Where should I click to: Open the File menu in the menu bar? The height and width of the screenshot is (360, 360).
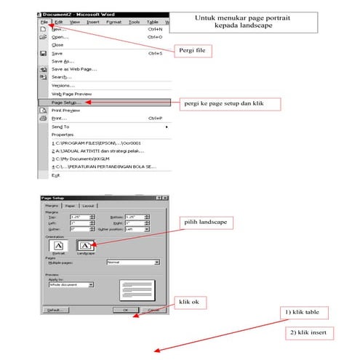44,22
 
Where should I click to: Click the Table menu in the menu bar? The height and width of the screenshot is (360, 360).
153,22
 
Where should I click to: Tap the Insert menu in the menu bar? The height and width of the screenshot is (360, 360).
93,22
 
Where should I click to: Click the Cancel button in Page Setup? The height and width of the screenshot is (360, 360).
152,309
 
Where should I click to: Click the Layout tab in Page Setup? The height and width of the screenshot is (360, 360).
88,206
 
